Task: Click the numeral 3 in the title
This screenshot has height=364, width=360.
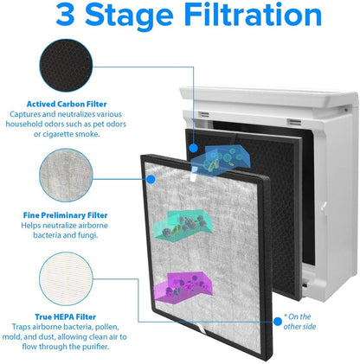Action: pyautogui.click(x=43, y=16)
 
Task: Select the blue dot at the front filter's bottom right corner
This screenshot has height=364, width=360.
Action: pyautogui.click(x=277, y=321)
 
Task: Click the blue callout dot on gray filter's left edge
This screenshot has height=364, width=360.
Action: pyautogui.click(x=152, y=180)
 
